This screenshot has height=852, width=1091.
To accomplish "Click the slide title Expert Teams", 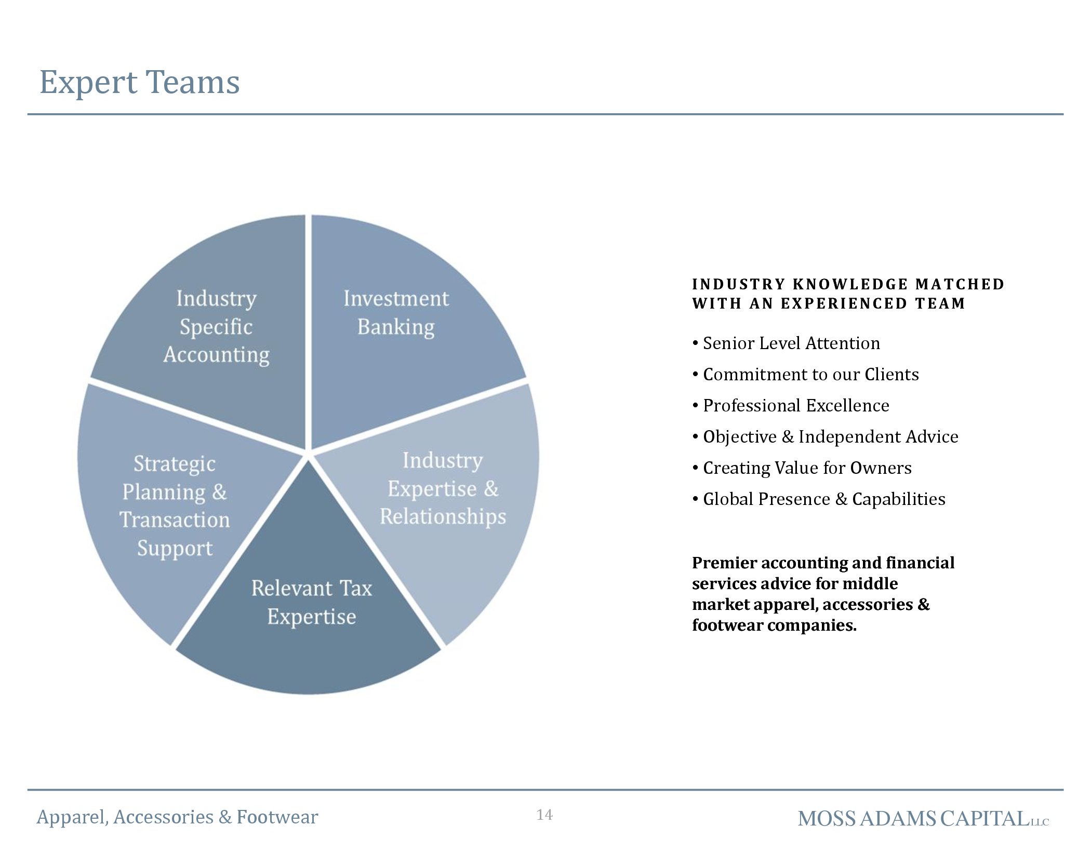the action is click(140, 82).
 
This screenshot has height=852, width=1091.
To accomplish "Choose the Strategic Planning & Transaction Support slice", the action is click(171, 509).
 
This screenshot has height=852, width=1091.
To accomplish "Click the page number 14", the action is click(544, 815).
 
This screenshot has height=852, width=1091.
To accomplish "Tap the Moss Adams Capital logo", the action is click(923, 819).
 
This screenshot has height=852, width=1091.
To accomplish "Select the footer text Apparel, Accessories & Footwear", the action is click(177, 817).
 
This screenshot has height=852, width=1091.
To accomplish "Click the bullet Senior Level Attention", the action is click(786, 343).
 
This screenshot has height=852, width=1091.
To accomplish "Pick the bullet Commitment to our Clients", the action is click(806, 375).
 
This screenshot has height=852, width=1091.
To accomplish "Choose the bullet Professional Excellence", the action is click(791, 406).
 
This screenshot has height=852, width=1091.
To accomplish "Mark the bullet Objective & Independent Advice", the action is click(826, 437).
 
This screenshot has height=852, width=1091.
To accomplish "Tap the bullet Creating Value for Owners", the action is click(802, 468).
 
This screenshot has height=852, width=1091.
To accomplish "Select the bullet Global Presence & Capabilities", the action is click(819, 499).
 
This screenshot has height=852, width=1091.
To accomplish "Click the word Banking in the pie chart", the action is click(396, 327).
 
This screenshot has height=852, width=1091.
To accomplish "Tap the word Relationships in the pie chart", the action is click(443, 517).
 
